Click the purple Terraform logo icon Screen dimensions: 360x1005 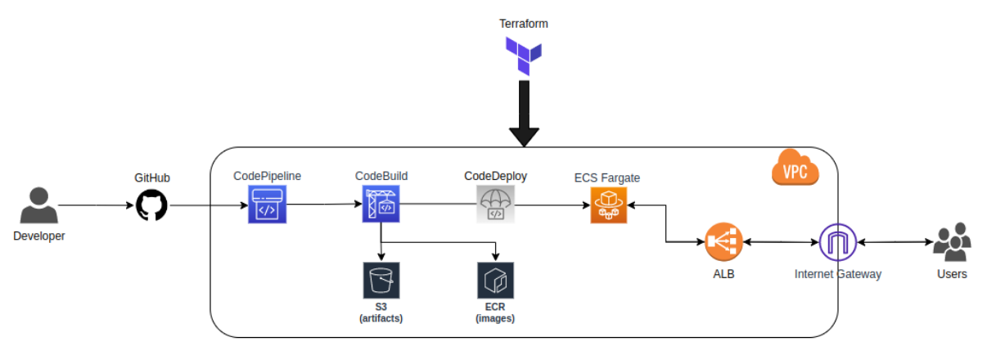524,57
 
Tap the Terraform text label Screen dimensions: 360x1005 524,24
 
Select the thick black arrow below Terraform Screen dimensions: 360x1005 524,115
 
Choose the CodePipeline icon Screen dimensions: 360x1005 267,204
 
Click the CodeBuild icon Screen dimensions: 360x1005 381,204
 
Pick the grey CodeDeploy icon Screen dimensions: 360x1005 495,204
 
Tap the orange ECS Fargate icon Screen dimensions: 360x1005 608,205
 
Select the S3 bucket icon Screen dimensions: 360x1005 381,280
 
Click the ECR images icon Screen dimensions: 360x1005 495,280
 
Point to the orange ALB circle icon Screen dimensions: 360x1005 723,242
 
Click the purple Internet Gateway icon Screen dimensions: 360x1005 837,242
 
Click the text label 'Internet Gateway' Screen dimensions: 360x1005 838,274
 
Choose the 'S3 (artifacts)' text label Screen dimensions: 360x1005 381,313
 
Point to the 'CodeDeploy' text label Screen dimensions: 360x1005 495,176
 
